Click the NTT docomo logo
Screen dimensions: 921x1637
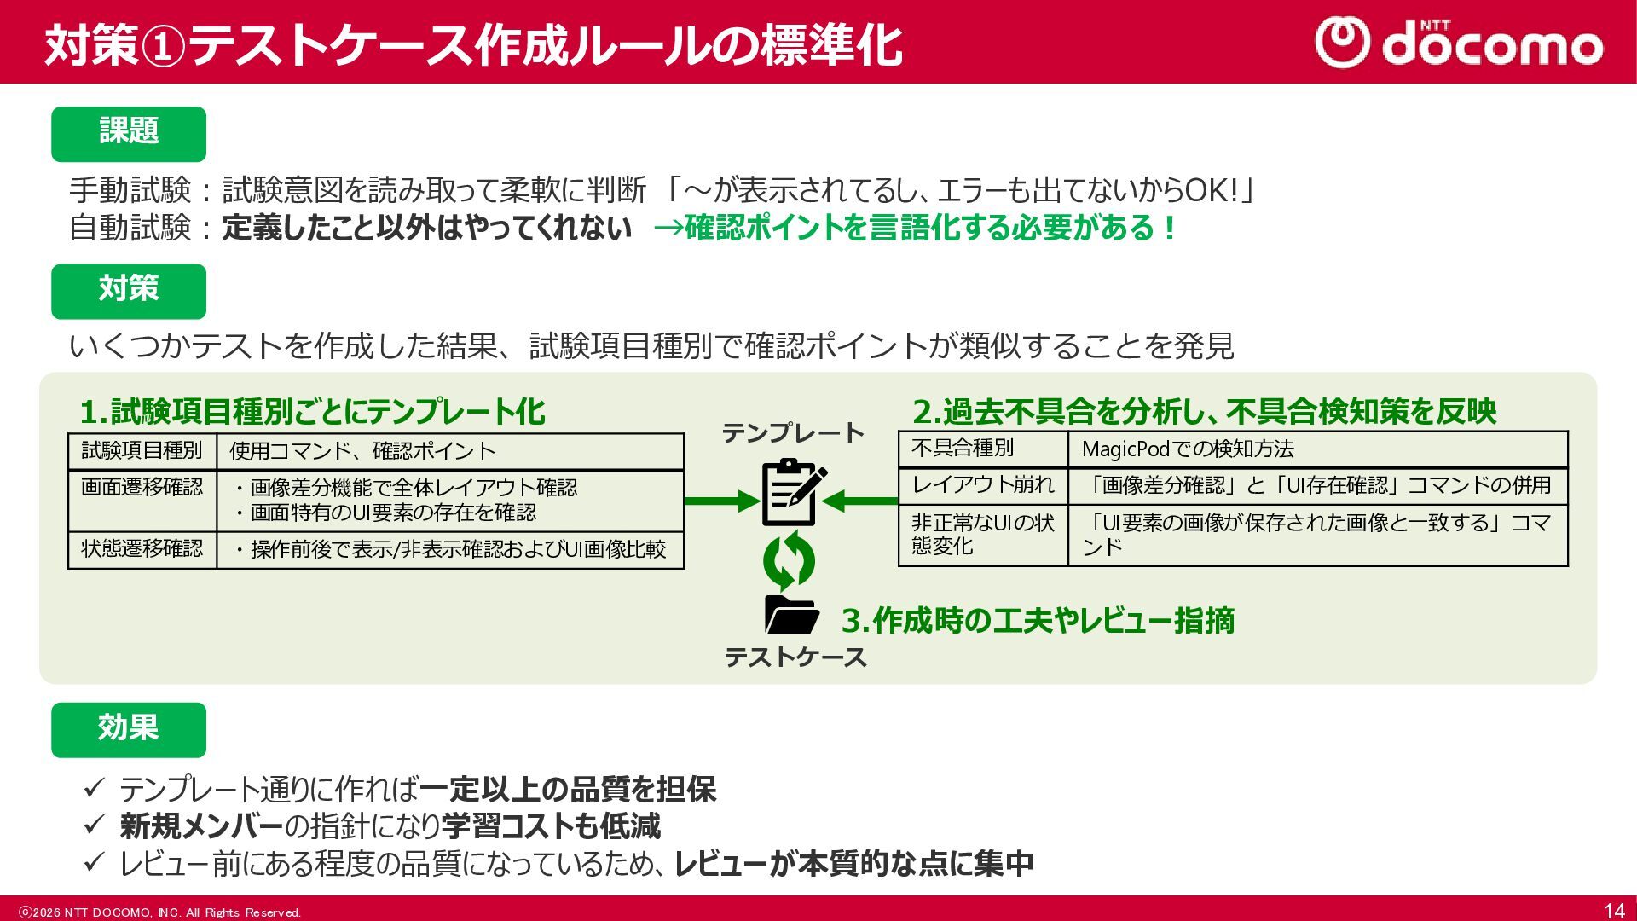[x=1458, y=43]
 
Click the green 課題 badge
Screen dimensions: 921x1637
[x=129, y=134]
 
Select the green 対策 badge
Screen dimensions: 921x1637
[x=129, y=291]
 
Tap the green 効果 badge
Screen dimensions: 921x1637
[x=129, y=730]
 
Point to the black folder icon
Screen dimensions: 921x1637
[x=791, y=615]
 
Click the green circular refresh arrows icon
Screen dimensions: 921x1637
[x=789, y=560]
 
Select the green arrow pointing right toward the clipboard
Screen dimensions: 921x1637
[x=721, y=501]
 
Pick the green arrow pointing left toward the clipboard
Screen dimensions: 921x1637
[x=861, y=501]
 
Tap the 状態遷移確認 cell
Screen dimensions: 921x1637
[x=142, y=549]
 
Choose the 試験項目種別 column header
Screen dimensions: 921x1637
[x=142, y=450]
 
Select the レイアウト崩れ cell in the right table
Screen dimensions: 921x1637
[x=983, y=485]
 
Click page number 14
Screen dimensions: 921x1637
[x=1614, y=911]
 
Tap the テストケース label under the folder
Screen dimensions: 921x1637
[x=795, y=657]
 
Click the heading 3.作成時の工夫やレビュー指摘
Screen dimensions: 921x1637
[x=1038, y=621]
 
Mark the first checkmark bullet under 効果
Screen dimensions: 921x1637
[x=94, y=788]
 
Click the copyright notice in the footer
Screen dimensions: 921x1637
[x=160, y=912]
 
